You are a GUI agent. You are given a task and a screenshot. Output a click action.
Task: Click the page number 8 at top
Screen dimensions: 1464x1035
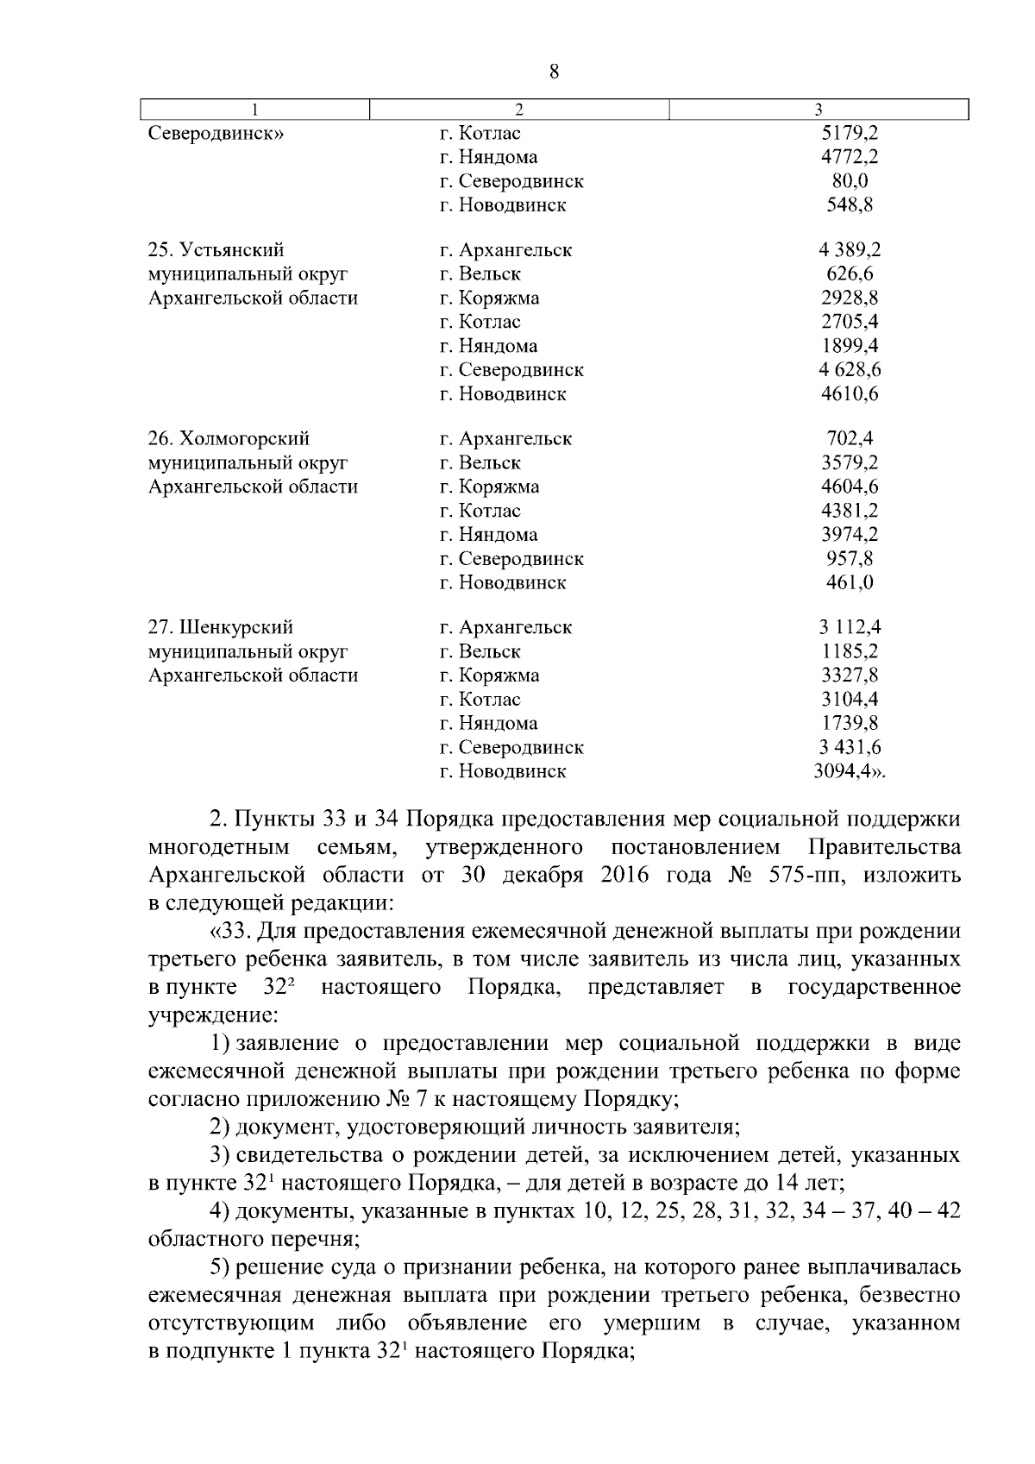554,72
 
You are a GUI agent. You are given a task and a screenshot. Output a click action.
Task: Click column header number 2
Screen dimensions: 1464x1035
518,110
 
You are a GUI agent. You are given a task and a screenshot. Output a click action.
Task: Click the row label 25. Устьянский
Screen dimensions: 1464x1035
216,250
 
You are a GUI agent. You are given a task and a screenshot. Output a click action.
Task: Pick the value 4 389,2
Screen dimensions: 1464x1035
850,250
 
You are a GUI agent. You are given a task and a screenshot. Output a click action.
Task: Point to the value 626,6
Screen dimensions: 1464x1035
850,274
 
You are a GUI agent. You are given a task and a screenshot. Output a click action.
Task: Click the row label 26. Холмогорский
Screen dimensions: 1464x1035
229,439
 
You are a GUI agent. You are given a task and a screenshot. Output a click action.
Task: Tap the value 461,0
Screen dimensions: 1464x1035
850,582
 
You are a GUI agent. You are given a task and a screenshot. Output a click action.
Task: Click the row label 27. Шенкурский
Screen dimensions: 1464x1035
221,627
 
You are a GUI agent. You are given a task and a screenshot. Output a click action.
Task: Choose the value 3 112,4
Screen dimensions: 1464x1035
850,627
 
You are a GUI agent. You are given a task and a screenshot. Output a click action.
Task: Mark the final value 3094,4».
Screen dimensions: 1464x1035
850,771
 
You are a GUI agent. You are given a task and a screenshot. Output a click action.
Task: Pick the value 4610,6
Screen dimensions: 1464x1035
850,394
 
